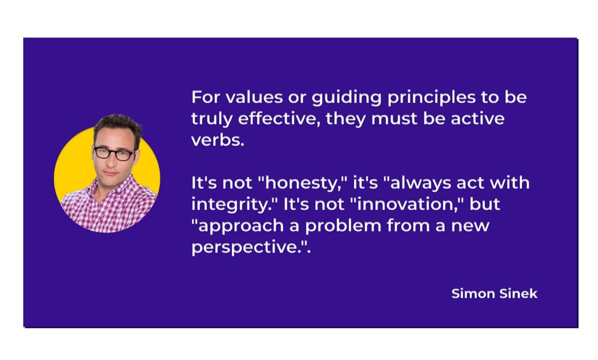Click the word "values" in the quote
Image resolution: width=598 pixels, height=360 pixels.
point(252,97)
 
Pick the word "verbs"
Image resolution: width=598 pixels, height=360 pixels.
point(217,140)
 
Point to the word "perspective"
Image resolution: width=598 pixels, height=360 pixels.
point(247,248)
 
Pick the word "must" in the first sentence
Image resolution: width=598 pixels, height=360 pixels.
point(395,119)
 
